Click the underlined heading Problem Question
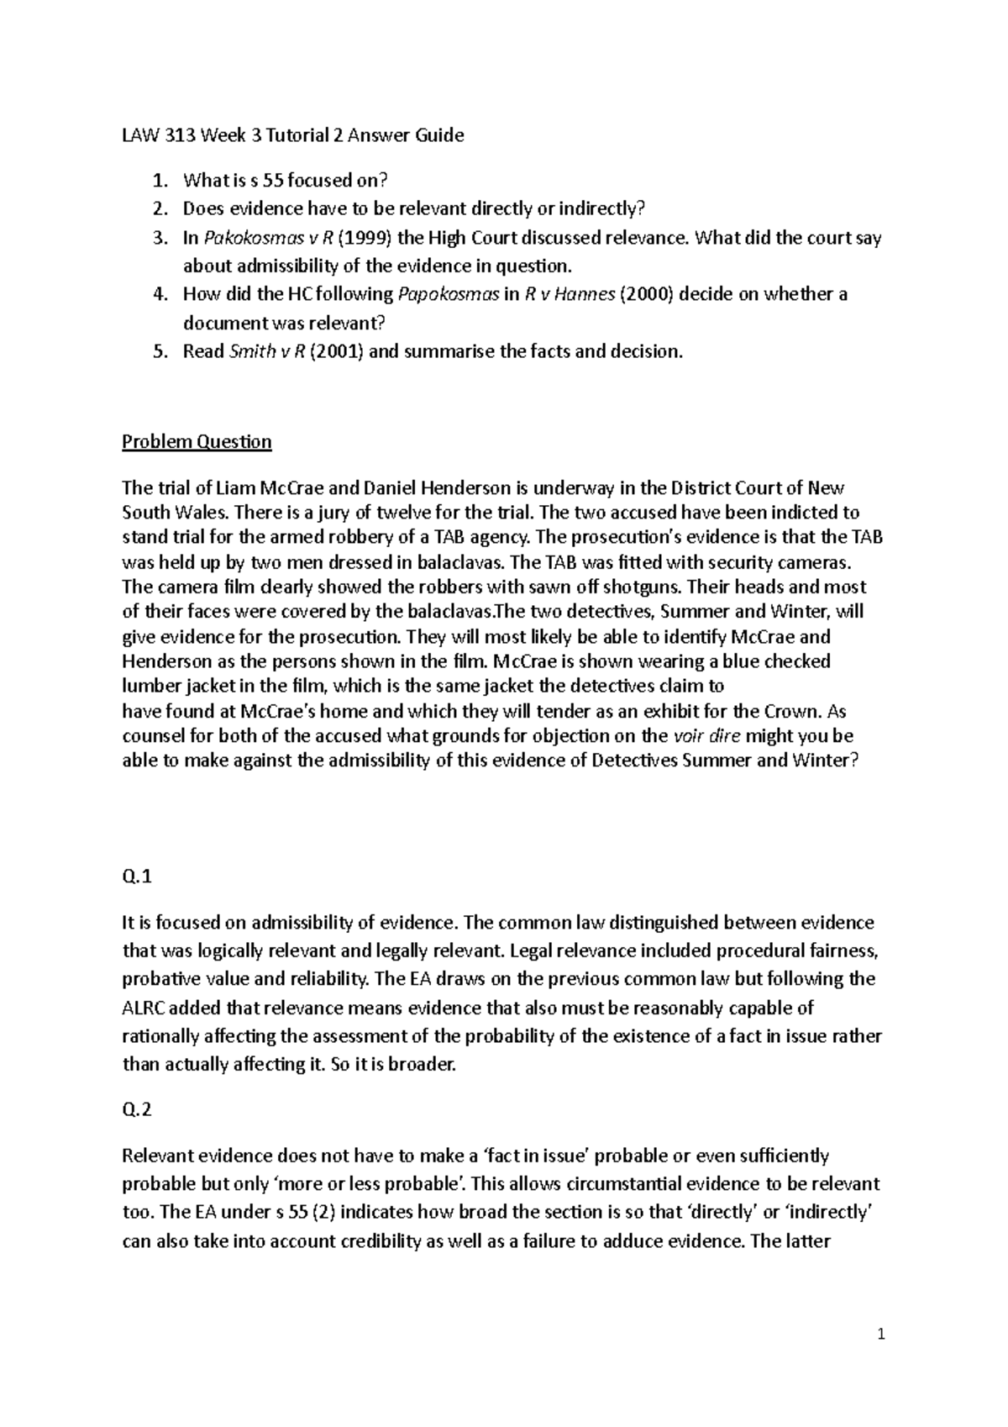[197, 442]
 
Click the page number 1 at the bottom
[880, 1334]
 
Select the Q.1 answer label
[137, 877]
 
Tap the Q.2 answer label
[137, 1110]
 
